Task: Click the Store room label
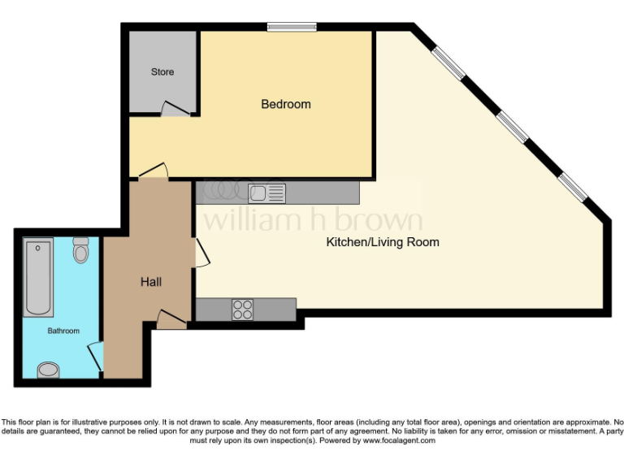pos(162,72)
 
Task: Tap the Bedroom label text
pos(285,104)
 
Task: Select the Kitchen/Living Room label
pos(383,242)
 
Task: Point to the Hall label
pos(151,282)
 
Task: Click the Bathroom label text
pos(63,331)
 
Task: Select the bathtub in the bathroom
pos(39,276)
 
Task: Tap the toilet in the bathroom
pos(80,250)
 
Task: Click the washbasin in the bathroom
pos(49,370)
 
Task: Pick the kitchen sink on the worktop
pos(266,193)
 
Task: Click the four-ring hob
pos(243,310)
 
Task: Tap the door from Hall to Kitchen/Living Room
pos(201,252)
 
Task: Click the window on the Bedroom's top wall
pos(292,28)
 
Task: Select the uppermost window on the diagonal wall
pos(448,65)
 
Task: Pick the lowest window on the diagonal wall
pos(572,186)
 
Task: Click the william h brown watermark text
pos(313,219)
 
